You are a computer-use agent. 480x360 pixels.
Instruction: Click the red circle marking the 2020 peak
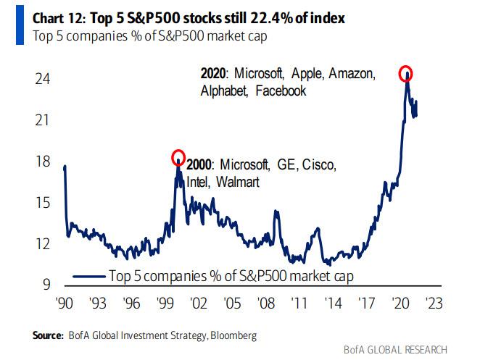(407, 73)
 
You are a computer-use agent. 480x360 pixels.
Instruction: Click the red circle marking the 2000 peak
(178, 157)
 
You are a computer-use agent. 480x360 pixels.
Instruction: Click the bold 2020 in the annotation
(214, 74)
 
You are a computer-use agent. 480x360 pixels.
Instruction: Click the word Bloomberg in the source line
(233, 335)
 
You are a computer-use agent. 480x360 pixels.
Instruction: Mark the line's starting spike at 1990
(65, 168)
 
